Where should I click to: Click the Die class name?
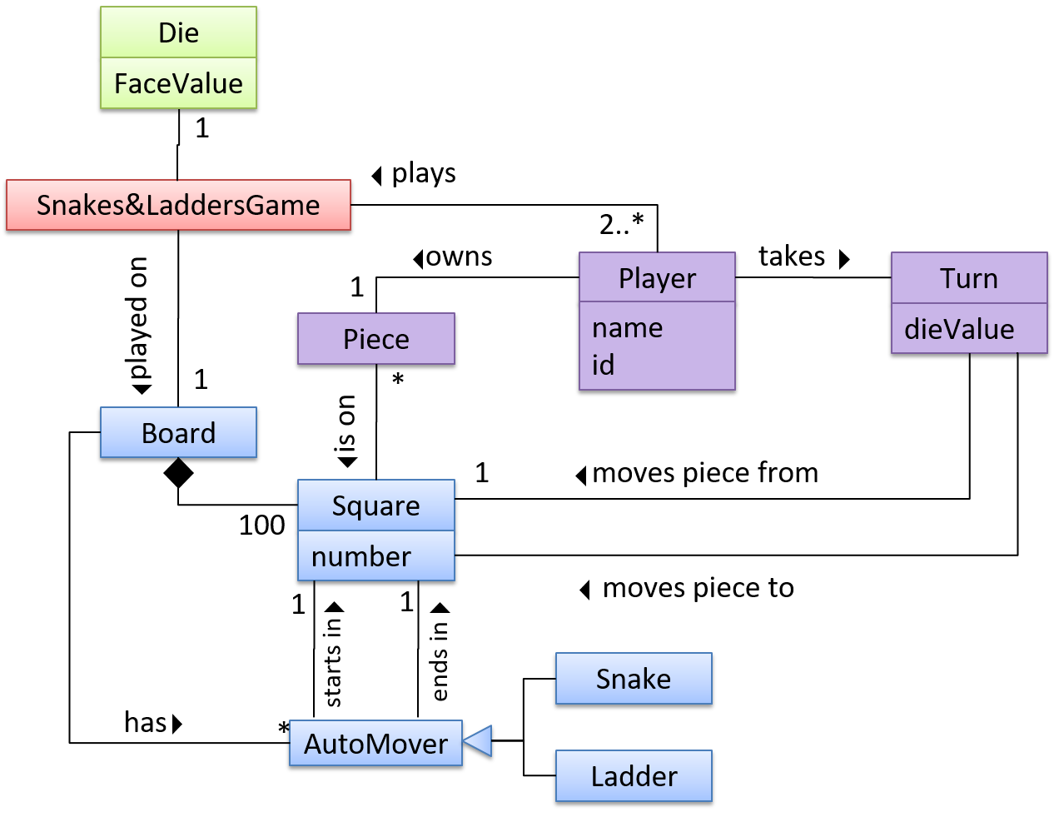point(178,33)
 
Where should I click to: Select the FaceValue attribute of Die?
point(178,84)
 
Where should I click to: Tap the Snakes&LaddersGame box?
point(178,205)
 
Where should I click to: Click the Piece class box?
point(376,339)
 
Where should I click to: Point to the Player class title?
point(657,278)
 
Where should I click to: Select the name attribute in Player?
point(627,328)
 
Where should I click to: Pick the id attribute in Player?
point(603,365)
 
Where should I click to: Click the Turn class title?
point(969,278)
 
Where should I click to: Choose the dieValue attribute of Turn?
point(959,329)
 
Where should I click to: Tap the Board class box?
point(178,433)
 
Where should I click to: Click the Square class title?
point(376,506)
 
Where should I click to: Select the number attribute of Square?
point(361,556)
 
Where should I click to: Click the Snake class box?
point(634,679)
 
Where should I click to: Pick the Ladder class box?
point(634,776)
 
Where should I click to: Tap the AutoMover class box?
point(375,744)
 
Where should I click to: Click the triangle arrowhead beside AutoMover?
point(479,740)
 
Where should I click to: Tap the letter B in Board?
point(149,433)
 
